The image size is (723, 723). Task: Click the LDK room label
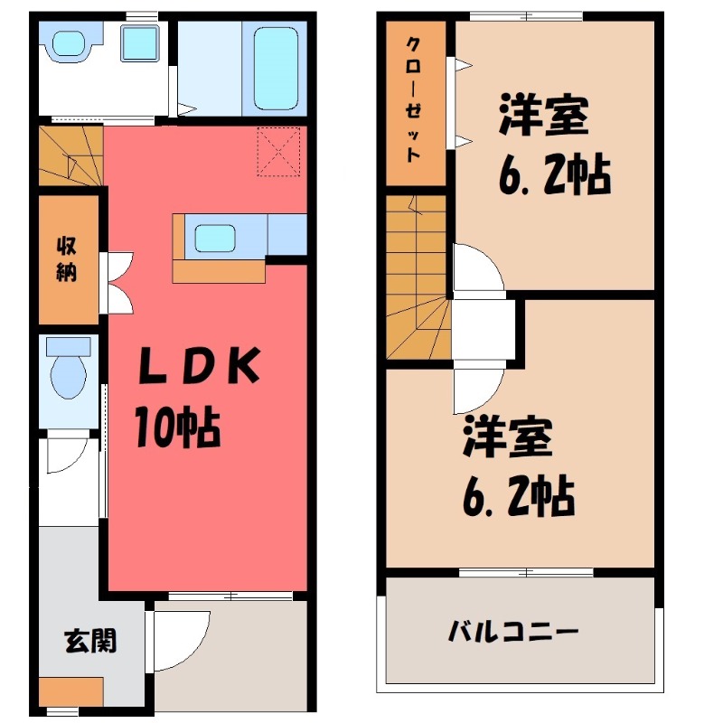coord(200,365)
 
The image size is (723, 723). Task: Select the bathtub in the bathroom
coord(276,67)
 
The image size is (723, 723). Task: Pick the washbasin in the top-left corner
coord(68,43)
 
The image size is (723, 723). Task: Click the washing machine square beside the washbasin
coord(140,43)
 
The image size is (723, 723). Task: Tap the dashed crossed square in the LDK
coord(278,150)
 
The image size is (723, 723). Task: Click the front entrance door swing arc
coord(181,637)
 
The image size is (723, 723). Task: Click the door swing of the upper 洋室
coord(475,271)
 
